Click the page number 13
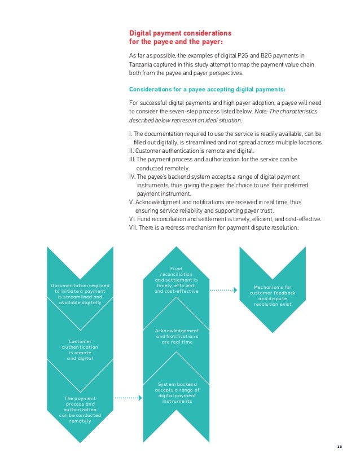coord(339,447)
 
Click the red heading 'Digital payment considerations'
coord(180,33)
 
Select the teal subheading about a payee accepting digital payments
coord(207,89)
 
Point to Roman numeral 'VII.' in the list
coord(134,227)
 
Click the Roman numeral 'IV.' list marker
coord(134,176)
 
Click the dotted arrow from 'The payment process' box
coord(128,398)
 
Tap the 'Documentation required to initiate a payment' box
coord(80,294)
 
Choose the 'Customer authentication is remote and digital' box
coord(80,350)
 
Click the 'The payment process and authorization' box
coord(80,409)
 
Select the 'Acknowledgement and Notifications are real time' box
coord(177,336)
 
